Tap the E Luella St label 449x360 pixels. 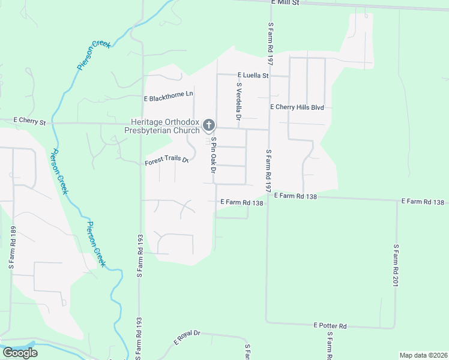point(253,76)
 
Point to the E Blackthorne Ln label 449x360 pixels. point(169,95)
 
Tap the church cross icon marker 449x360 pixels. point(208,125)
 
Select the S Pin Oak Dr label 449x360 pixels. point(212,155)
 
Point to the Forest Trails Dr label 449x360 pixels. point(167,162)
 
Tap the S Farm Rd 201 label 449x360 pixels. point(396,265)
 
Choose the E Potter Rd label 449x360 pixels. point(330,325)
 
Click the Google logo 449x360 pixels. point(20,352)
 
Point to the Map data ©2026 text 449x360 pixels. point(423,355)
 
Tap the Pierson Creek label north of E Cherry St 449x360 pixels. point(93,56)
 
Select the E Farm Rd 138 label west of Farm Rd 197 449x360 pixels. point(242,203)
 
